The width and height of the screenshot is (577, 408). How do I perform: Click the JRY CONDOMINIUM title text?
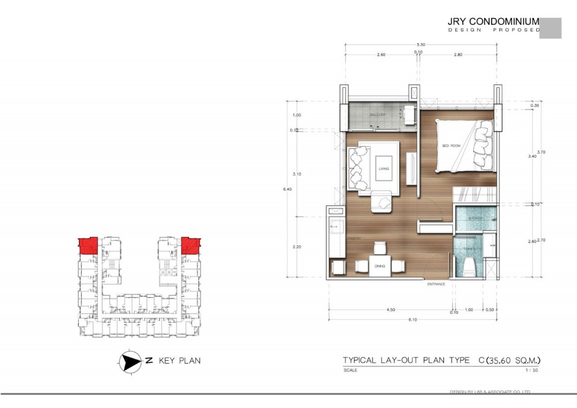[493, 22]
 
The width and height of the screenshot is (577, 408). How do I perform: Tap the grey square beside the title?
[550, 28]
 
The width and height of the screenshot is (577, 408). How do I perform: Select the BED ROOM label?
[451, 146]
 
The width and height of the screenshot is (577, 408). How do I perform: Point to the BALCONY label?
[377, 115]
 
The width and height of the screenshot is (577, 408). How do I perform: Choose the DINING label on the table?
[379, 266]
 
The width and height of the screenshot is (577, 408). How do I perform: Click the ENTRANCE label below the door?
[436, 284]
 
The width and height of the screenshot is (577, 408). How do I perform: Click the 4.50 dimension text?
[389, 310]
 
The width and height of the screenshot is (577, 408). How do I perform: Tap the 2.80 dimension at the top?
[457, 55]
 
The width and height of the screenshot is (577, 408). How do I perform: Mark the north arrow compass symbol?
[130, 361]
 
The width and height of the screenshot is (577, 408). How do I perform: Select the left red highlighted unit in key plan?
[87, 246]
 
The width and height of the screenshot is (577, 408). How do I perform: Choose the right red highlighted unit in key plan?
[191, 246]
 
